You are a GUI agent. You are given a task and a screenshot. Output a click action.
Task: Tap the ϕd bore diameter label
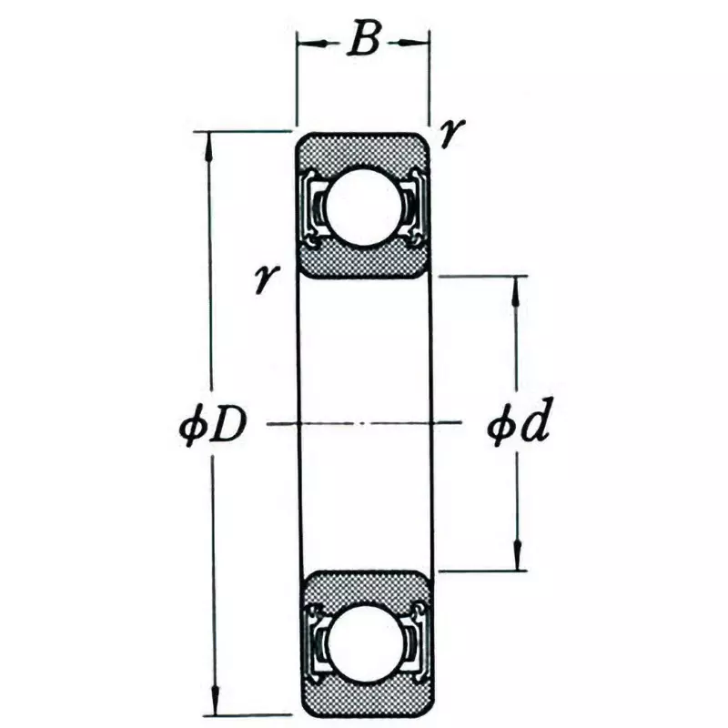coord(519,425)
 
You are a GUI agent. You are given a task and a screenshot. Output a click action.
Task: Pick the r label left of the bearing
coord(266,278)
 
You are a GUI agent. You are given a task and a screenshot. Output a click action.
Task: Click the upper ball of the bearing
coord(363,206)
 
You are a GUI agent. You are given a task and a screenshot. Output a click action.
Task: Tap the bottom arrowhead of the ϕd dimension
coord(517,559)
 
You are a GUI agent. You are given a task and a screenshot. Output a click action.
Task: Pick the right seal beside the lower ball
coord(415,642)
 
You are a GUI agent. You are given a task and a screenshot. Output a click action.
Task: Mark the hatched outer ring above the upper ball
coord(363,148)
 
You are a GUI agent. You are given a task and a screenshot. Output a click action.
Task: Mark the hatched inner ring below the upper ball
coord(363,263)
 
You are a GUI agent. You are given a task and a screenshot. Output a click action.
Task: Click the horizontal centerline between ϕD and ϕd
coord(364,424)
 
